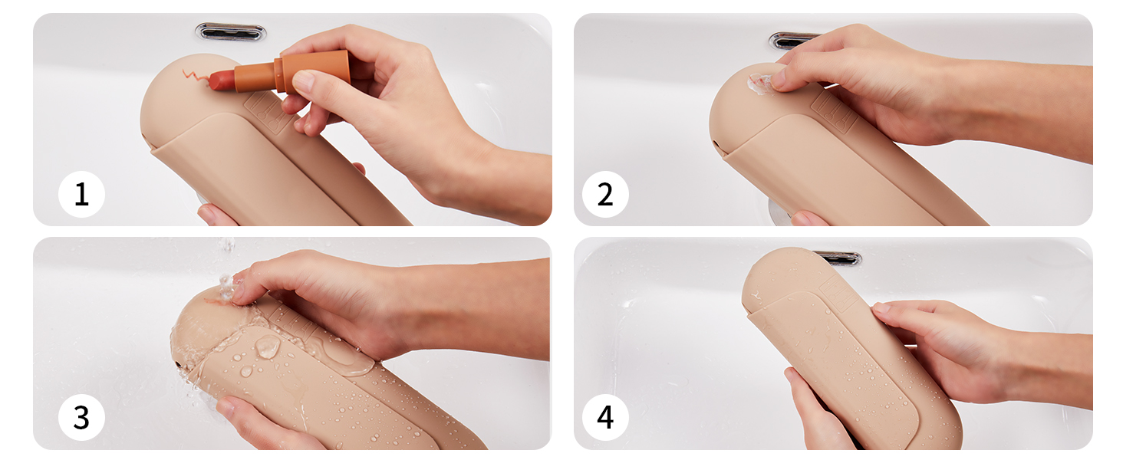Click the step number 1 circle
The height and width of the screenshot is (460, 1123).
[82, 194]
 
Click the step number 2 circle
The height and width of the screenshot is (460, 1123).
[605, 194]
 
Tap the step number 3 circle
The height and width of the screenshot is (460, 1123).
[82, 417]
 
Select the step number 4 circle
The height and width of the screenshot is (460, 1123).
[605, 417]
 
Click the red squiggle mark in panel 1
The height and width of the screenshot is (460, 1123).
[195, 77]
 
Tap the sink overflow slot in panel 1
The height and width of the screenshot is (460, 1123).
[231, 32]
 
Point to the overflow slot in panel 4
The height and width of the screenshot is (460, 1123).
[838, 258]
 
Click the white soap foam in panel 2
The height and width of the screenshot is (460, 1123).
[759, 84]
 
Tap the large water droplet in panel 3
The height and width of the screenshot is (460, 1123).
[267, 346]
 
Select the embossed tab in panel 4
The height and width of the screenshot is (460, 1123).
[837, 293]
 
